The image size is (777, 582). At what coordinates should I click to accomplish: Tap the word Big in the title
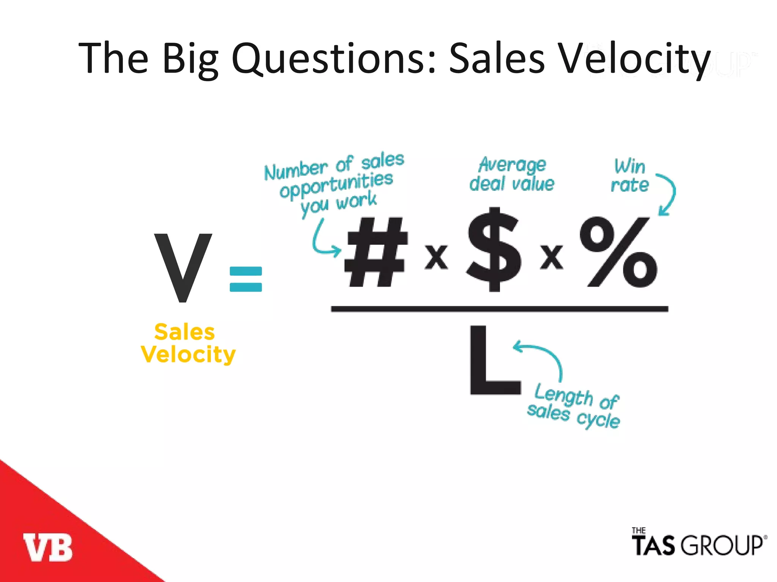pos(190,59)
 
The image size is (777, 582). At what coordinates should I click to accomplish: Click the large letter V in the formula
pos(183,268)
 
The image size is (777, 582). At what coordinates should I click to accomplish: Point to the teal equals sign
pos(246,279)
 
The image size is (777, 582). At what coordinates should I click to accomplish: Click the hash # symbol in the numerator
pos(376,252)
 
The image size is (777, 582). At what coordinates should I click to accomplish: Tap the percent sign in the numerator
pos(618,252)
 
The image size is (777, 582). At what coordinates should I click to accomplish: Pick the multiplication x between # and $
pos(436,257)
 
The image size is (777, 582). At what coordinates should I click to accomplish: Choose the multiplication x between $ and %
pos(552,257)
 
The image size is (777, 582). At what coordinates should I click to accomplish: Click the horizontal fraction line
pos(499,309)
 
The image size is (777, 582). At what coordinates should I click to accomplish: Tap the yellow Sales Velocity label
pos(188,343)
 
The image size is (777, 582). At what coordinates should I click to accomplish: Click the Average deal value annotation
pos(512,175)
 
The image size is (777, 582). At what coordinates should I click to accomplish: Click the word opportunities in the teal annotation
pos(336,185)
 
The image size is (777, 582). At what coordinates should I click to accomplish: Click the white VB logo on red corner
pos(48,547)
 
